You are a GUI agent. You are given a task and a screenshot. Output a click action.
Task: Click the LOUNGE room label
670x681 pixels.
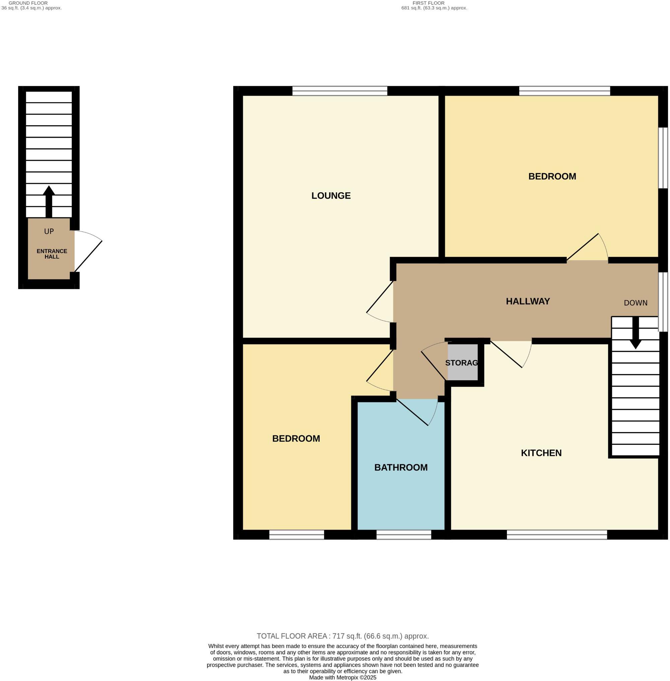coord(331,196)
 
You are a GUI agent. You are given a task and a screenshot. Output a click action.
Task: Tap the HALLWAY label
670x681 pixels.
coord(528,301)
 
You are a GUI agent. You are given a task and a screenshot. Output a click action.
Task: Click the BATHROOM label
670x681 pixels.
coord(401,467)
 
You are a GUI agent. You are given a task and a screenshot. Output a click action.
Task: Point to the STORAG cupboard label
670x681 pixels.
coord(461,363)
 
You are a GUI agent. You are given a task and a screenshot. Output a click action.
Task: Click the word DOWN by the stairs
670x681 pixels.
coord(635,303)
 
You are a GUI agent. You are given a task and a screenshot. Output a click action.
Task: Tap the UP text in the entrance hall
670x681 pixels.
coord(49,231)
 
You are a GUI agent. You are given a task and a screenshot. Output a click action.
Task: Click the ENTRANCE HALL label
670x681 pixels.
coord(52,254)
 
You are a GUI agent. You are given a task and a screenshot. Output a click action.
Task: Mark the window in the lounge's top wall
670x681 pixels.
coord(340,91)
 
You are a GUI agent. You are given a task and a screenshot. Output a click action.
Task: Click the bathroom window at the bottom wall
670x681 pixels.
coord(404,535)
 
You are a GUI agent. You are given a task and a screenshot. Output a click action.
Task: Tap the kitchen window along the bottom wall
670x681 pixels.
coord(557,535)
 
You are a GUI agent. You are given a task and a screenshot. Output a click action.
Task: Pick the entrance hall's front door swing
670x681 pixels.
coord(88,252)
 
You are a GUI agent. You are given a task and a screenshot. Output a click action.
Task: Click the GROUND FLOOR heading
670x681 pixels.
coord(28,3)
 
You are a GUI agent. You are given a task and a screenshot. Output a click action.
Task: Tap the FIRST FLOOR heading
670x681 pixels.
coord(428,3)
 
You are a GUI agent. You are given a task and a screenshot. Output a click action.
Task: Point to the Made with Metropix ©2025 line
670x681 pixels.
coord(342,677)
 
